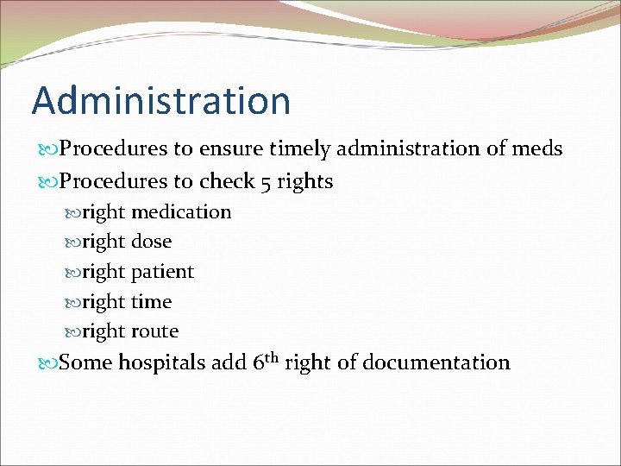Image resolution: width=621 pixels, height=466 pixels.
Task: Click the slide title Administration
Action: pyautogui.click(x=161, y=101)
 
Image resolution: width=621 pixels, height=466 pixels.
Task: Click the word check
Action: pyautogui.click(x=227, y=182)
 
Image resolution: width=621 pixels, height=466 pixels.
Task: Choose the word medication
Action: pyautogui.click(x=181, y=212)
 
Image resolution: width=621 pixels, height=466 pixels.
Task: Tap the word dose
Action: pyautogui.click(x=151, y=242)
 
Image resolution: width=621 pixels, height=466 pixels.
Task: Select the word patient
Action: pyautogui.click(x=162, y=272)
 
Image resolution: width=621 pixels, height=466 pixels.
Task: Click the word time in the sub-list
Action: pyautogui.click(x=151, y=302)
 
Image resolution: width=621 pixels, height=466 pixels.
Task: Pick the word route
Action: pyautogui.click(x=154, y=331)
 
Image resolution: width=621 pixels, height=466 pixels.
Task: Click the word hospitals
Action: pyautogui.click(x=161, y=363)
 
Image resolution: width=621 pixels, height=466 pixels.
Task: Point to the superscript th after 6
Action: pyautogui.click(x=271, y=356)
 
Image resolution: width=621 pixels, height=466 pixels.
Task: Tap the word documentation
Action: pyautogui.click(x=436, y=362)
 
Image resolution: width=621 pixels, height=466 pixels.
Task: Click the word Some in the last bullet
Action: pyautogui.click(x=85, y=362)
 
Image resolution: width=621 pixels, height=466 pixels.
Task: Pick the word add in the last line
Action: pyautogui.click(x=229, y=362)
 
